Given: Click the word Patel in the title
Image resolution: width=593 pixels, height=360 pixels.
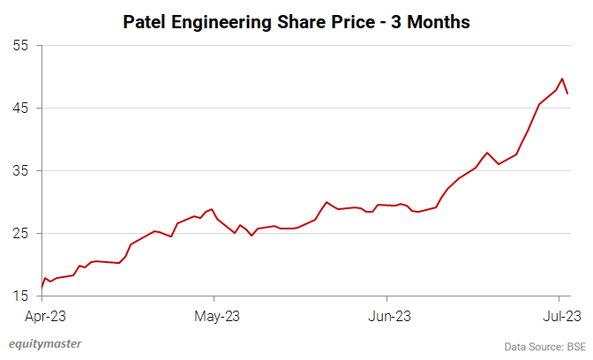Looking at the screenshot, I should click(x=146, y=22).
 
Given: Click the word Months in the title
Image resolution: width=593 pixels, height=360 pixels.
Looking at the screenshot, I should click(x=438, y=22).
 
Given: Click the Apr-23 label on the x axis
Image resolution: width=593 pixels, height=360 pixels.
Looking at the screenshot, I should click(x=42, y=316).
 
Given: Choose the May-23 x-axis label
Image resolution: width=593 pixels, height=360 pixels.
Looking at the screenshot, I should click(x=214, y=316).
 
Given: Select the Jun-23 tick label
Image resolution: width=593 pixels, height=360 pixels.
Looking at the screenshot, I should click(x=387, y=316).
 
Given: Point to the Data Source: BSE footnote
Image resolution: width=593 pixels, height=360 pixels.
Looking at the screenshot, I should click(x=544, y=346).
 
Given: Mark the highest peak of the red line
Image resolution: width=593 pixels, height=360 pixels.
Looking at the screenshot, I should click(x=563, y=79).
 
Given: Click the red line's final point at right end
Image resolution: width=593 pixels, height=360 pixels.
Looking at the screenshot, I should click(x=568, y=94).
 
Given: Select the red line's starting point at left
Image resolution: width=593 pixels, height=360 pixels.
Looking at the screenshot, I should click(x=41, y=287).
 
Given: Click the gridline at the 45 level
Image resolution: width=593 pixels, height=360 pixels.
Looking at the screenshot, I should click(x=300, y=108).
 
